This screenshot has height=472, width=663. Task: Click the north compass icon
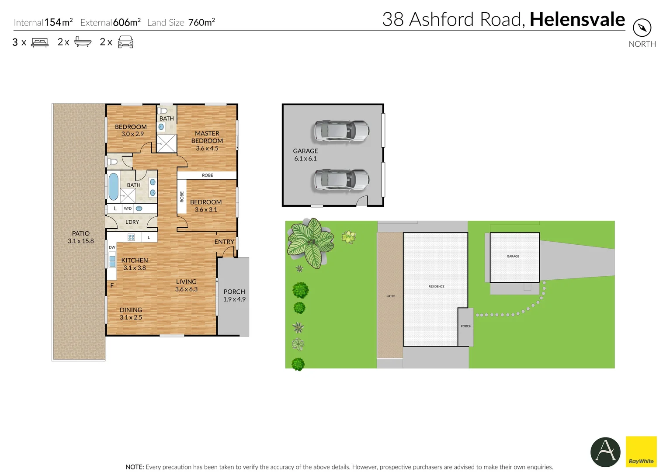[x=642, y=28]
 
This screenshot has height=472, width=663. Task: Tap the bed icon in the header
[x=40, y=42]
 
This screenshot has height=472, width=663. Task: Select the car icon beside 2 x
[x=125, y=42]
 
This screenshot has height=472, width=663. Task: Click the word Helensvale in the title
[x=577, y=19]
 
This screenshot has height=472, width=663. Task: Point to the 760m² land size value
[x=201, y=22]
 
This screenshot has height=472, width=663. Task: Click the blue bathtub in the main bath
[x=113, y=187]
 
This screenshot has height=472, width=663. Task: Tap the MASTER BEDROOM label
[x=207, y=141]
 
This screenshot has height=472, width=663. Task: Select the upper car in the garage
[x=341, y=131]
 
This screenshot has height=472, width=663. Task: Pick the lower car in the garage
[x=341, y=180]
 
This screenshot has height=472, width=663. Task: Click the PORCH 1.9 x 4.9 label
[x=234, y=295]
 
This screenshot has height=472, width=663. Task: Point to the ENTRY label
[x=224, y=242]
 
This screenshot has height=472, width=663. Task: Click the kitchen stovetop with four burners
[x=131, y=237]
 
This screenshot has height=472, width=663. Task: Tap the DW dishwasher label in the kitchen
[x=112, y=247]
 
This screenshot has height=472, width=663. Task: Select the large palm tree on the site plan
[x=310, y=243]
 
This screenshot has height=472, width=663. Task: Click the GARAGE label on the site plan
[x=513, y=256]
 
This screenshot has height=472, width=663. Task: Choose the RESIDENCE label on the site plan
[x=436, y=286]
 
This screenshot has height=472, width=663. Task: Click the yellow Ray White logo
[x=641, y=451]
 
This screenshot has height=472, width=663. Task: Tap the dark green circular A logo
[x=605, y=452]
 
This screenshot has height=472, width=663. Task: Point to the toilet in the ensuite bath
[x=162, y=111]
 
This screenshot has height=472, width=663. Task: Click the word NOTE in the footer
[x=135, y=467]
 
